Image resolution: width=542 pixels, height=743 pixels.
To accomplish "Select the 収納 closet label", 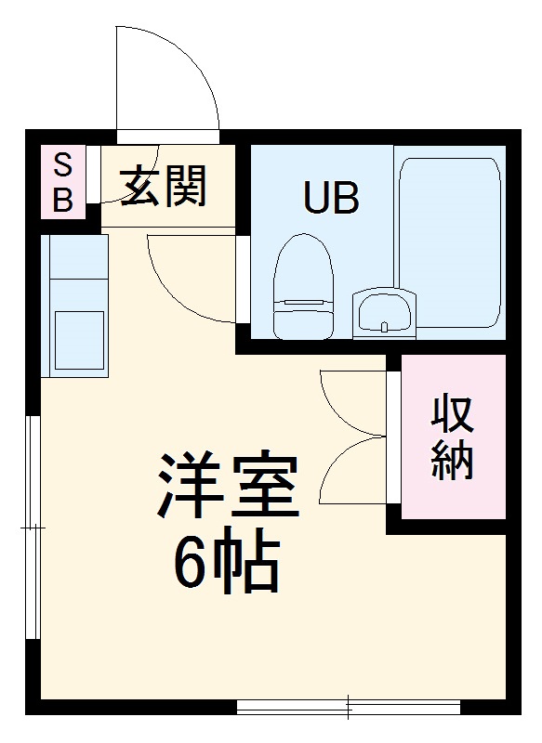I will (x=453, y=438).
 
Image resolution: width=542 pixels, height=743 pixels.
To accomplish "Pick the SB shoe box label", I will (x=62, y=182).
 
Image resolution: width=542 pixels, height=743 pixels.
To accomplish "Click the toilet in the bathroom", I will (x=303, y=288).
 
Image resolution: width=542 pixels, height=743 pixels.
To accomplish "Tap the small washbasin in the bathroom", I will (x=383, y=311).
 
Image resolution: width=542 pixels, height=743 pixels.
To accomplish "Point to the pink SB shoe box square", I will (x=62, y=182).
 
